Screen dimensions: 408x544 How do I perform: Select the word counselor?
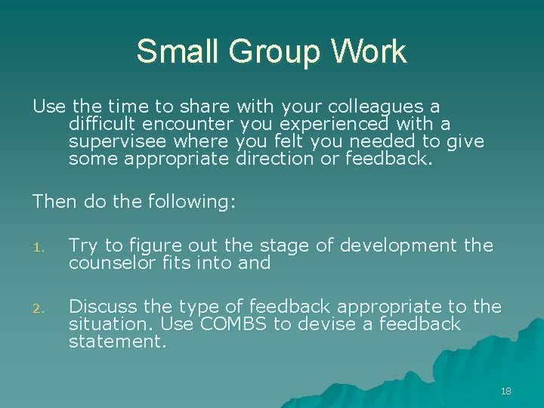coord(110,263)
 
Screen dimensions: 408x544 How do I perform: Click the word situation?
coord(104,324)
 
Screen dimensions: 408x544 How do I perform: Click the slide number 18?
coord(506,391)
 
